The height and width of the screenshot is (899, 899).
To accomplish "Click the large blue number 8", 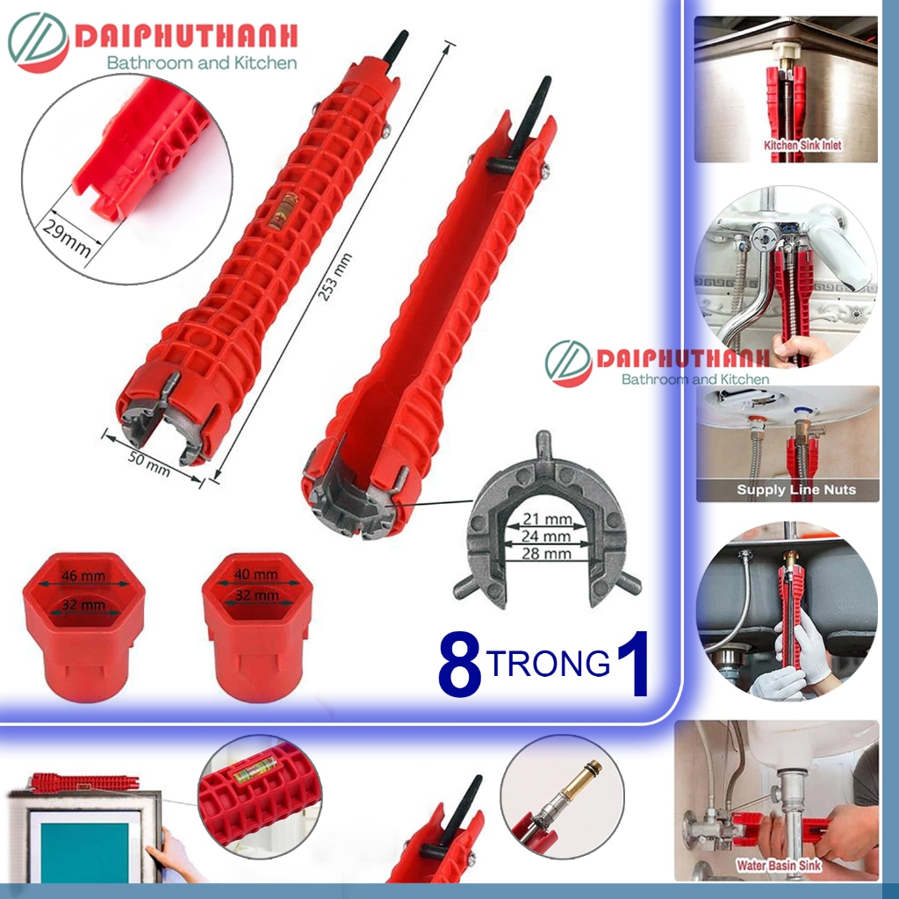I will (x=459, y=668).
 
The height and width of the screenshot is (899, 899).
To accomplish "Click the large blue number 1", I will (x=631, y=666).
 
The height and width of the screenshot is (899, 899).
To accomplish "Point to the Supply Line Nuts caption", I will (x=795, y=489).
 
